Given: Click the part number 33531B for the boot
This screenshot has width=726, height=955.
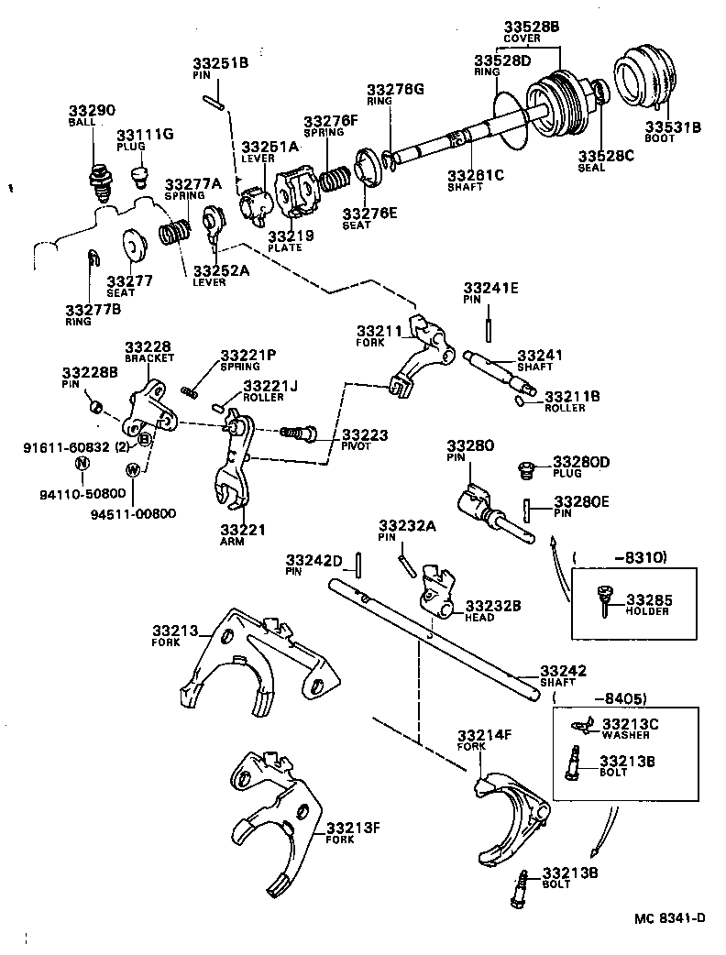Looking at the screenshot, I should pyautogui.click(x=672, y=126).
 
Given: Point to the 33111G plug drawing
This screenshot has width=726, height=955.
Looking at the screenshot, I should pyautogui.click(x=137, y=174).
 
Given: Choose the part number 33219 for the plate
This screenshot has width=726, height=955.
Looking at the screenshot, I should pyautogui.click(x=291, y=236).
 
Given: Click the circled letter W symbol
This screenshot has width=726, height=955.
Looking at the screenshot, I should pyautogui.click(x=134, y=470).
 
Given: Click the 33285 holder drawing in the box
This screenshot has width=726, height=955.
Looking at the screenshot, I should pyautogui.click(x=604, y=599).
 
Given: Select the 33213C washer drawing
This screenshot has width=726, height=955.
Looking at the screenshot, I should pyautogui.click(x=577, y=727).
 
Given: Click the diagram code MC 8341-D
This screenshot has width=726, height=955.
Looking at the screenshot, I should pyautogui.click(x=671, y=917).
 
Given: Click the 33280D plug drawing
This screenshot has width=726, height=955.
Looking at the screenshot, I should pyautogui.click(x=527, y=469).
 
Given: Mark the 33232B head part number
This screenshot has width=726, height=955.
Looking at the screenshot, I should pyautogui.click(x=493, y=606).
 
